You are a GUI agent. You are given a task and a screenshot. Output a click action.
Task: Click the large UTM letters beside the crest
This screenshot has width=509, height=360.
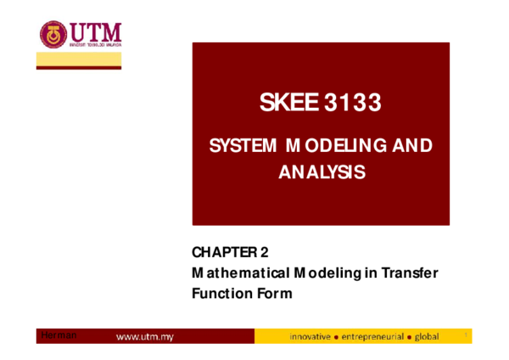[95, 32]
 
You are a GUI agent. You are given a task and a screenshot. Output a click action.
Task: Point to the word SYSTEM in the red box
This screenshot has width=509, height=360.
[243, 146]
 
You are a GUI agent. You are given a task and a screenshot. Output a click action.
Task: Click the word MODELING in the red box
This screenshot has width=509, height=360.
[333, 146]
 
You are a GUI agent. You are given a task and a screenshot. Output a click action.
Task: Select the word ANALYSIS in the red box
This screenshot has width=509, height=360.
[322, 172]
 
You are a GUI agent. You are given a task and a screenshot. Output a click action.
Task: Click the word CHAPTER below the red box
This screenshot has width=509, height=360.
[223, 252]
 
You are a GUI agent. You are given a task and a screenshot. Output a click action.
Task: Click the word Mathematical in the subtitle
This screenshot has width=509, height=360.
[240, 273]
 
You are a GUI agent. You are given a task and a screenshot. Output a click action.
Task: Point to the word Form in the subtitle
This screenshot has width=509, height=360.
[272, 294]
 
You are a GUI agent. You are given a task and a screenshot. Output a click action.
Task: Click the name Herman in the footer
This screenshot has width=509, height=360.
[59, 336]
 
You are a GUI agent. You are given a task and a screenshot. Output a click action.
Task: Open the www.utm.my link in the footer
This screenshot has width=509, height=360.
[144, 337]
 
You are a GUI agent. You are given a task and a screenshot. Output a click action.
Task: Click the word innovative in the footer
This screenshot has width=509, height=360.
[310, 337]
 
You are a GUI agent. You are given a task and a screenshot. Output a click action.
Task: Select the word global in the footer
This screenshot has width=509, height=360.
[427, 337]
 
